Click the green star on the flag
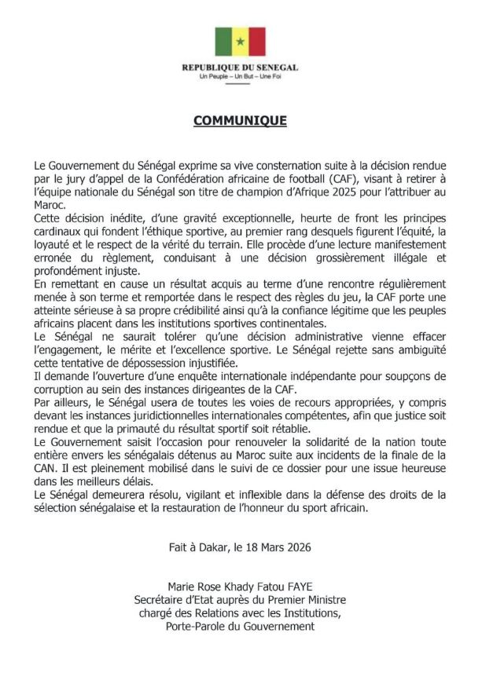click(240, 41)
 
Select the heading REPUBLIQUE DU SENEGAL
click(240, 68)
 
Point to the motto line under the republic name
click(240, 78)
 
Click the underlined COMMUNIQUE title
click(240, 121)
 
